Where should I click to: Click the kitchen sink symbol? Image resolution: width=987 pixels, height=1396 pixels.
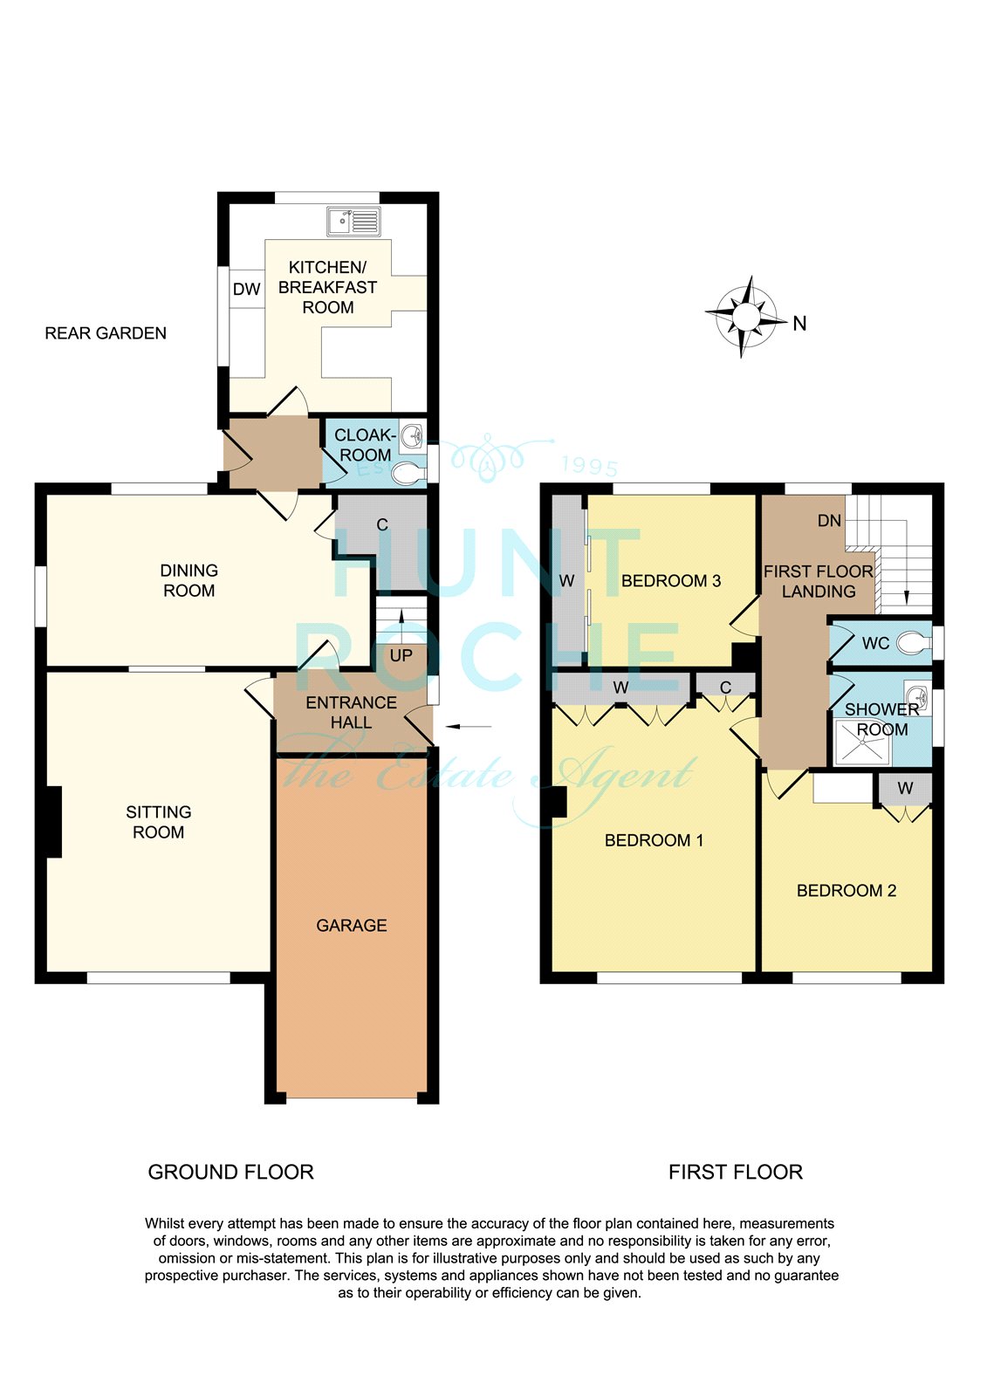click(353, 222)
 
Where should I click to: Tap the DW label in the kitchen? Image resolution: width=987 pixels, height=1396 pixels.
click(246, 289)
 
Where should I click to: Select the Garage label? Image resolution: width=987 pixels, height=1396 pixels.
click(351, 926)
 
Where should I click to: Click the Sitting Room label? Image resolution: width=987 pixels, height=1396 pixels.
click(158, 822)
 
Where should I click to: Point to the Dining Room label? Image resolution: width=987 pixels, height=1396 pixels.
click(188, 580)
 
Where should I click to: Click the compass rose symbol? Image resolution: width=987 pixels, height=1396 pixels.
click(746, 317)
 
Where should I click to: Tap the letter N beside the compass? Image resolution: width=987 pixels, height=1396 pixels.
click(799, 324)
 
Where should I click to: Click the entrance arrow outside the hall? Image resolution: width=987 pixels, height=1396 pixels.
click(469, 726)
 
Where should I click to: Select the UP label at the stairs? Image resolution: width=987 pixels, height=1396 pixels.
click(401, 655)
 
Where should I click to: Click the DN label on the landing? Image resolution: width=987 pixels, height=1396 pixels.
click(829, 520)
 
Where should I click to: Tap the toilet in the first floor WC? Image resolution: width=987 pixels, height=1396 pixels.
click(914, 642)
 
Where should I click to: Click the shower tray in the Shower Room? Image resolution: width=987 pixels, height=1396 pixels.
click(864, 742)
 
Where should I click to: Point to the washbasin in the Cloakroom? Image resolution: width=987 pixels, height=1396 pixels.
click(412, 435)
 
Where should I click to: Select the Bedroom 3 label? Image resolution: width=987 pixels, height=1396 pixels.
click(671, 581)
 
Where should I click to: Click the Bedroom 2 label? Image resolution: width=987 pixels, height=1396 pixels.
click(846, 891)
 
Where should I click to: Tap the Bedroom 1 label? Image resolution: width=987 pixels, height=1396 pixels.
click(654, 840)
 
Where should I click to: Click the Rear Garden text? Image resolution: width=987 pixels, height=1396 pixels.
click(106, 333)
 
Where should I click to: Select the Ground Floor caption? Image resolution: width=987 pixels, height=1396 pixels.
click(230, 1173)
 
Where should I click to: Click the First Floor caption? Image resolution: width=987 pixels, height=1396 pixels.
click(736, 1173)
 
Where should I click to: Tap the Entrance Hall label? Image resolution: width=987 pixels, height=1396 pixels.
click(351, 712)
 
